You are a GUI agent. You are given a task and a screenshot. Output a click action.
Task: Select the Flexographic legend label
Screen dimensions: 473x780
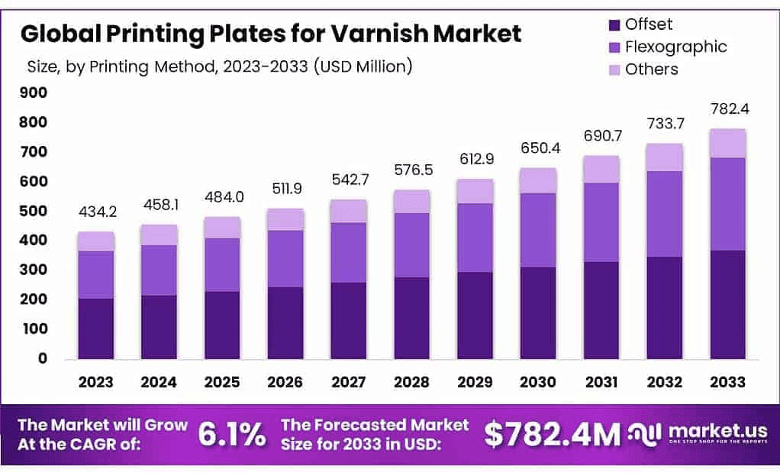(x=675, y=47)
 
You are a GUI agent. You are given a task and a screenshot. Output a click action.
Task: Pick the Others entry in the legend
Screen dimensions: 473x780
(x=651, y=70)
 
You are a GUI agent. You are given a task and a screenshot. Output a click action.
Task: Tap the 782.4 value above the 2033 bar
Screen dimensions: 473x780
(x=729, y=109)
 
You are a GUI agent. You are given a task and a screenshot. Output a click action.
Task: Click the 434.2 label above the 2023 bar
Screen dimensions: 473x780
(x=97, y=211)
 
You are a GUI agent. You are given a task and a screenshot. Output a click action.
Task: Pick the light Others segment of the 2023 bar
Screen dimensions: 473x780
(x=96, y=241)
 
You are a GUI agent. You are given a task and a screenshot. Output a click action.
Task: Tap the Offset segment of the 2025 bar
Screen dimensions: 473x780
(x=222, y=325)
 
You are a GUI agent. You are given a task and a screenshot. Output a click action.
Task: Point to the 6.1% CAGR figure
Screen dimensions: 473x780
(x=232, y=434)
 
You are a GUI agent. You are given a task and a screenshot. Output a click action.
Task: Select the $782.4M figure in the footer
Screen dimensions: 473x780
(x=553, y=435)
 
